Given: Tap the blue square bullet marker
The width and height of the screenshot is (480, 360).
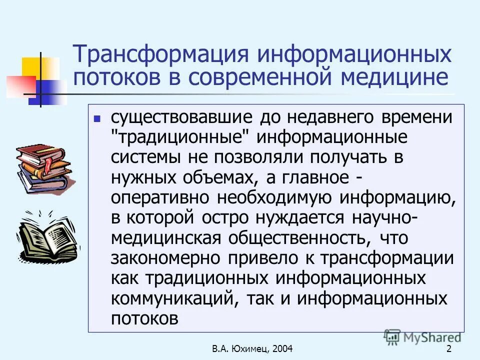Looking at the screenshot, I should coord(97,119).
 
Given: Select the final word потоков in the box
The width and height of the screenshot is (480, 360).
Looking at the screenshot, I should coord(144,318).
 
